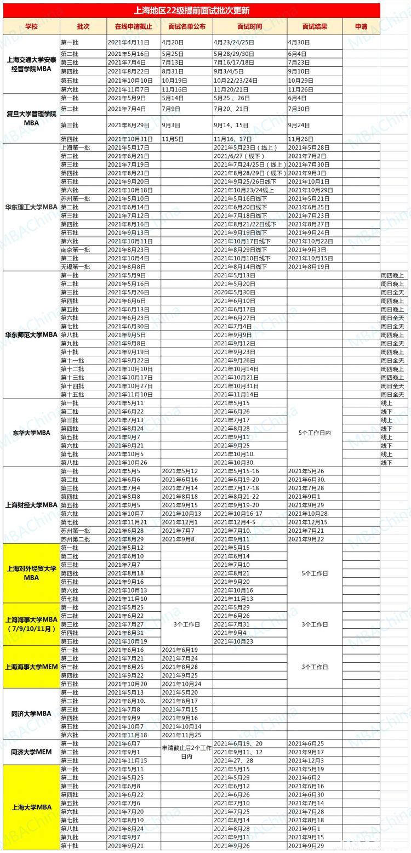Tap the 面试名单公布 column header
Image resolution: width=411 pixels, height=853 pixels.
(x=186, y=26)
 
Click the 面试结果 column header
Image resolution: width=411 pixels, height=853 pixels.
(x=315, y=26)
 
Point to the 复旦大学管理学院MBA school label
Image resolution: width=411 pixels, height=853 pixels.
(x=31, y=118)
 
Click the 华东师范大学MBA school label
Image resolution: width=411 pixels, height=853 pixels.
(x=31, y=334)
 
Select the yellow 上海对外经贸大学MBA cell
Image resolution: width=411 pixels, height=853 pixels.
(x=31, y=573)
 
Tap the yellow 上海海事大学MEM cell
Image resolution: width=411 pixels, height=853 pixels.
(x=31, y=667)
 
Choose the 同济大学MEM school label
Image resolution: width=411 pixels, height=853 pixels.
(x=31, y=752)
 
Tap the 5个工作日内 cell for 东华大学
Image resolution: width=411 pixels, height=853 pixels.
(x=315, y=433)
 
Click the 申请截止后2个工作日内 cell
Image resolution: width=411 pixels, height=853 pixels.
(x=186, y=752)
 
